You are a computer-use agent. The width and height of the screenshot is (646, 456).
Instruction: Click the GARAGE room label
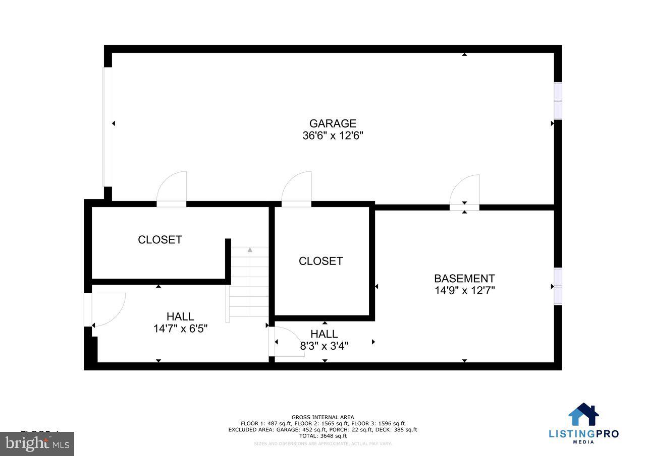click(x=333, y=123)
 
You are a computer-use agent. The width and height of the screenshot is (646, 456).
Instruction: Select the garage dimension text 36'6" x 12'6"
click(x=333, y=136)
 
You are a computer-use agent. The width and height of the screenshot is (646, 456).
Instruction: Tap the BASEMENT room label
click(x=464, y=278)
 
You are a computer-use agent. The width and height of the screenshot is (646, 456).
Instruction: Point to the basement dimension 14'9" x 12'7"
click(x=464, y=290)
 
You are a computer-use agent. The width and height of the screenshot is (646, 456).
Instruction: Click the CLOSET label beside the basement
click(x=320, y=261)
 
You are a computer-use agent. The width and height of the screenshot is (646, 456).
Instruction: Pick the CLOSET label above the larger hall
click(x=159, y=240)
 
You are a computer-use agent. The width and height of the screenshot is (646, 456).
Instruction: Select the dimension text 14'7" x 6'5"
click(x=180, y=329)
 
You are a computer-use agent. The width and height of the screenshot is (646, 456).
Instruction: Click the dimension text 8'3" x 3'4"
click(x=324, y=346)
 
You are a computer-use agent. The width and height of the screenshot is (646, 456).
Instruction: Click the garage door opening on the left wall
click(x=107, y=126)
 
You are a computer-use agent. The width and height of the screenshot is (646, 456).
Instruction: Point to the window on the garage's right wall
click(x=558, y=101)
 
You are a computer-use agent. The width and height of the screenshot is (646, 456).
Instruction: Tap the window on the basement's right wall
click(x=558, y=286)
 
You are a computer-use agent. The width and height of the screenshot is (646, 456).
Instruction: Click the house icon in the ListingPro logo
click(x=583, y=415)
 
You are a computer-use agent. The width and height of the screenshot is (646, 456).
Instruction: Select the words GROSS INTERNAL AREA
click(x=322, y=417)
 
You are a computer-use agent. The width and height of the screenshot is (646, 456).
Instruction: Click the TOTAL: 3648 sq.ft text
click(x=322, y=436)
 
